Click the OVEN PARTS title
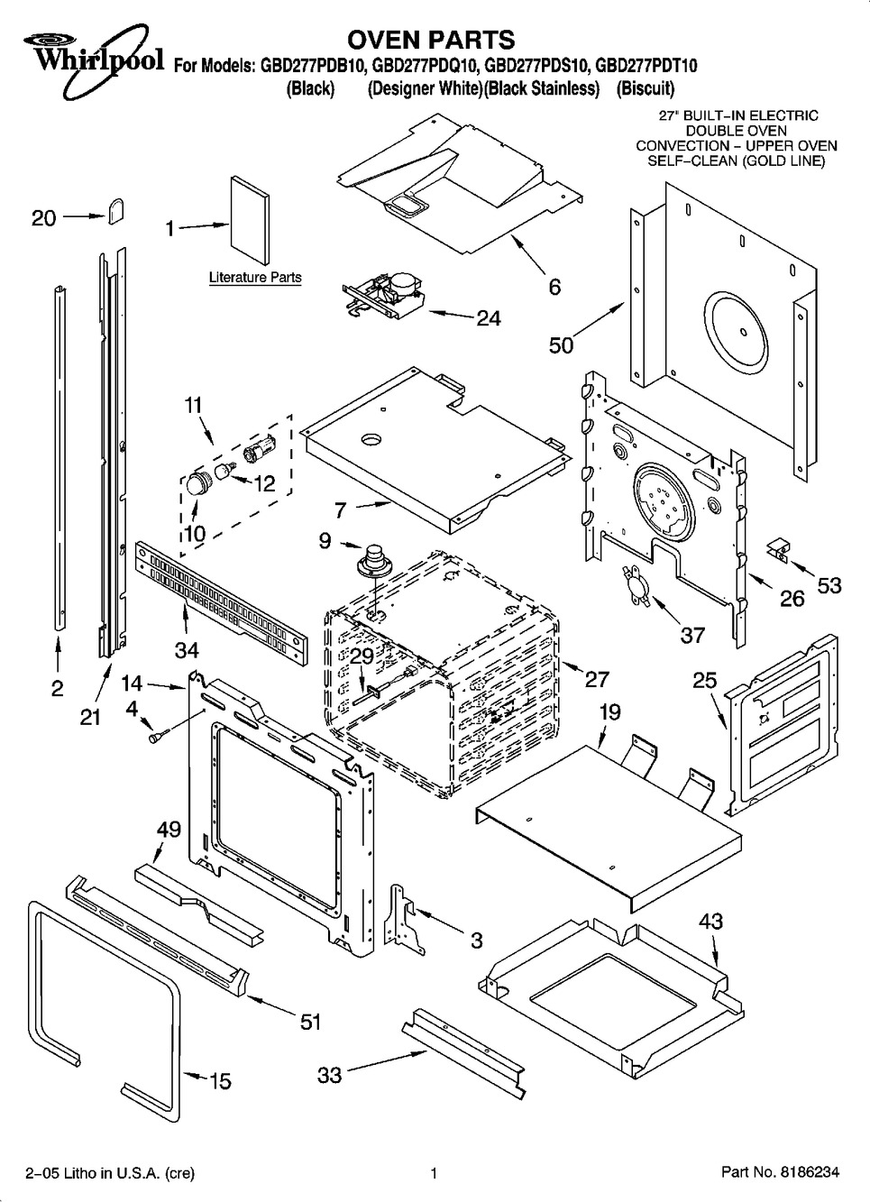click(431, 40)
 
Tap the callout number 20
click(43, 217)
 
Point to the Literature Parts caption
click(255, 278)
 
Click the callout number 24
click(488, 318)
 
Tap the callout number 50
click(561, 345)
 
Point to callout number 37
click(691, 635)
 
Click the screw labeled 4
click(156, 738)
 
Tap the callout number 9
click(325, 541)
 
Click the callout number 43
click(710, 922)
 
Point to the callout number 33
click(330, 1075)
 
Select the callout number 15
click(220, 1080)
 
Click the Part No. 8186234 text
click(780, 1173)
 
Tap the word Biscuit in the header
click(646, 88)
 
